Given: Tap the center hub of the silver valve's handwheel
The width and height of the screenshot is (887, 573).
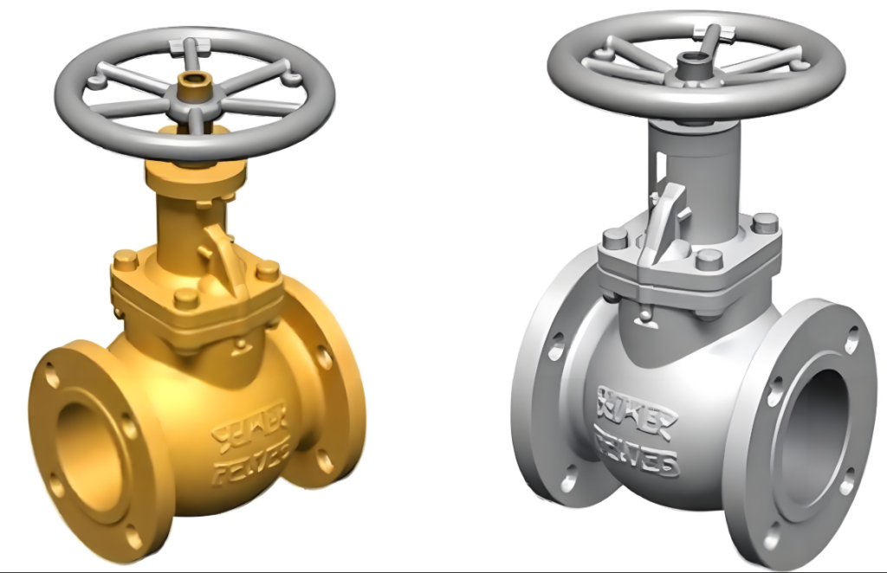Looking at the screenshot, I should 690,63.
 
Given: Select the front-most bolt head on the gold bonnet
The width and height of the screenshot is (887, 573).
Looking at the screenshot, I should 185,298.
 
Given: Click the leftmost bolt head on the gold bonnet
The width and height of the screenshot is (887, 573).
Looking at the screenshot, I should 125,259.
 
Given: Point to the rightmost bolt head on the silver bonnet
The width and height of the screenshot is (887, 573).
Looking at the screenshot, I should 764,222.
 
